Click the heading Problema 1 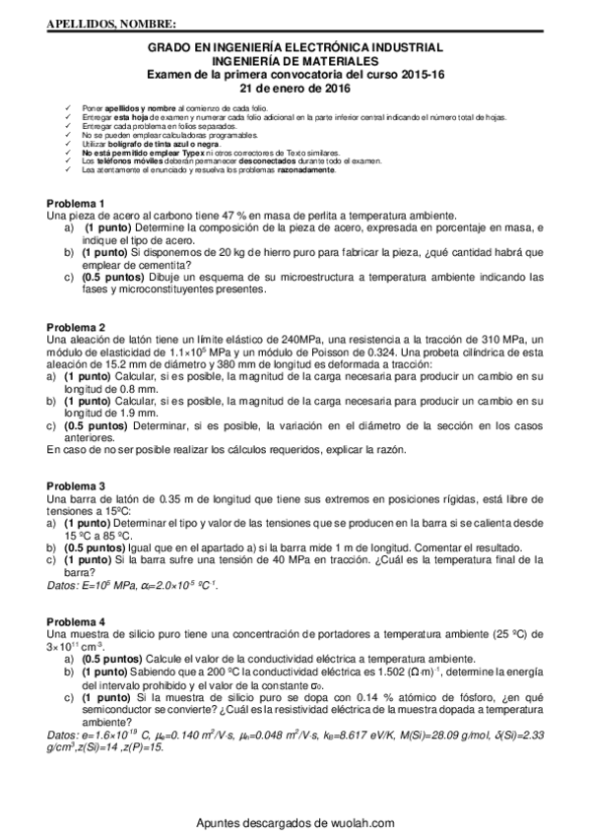coord(75,204)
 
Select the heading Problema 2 coord(75,327)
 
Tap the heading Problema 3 coord(75,486)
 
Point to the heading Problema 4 coord(75,622)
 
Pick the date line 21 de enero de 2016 coord(295,86)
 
